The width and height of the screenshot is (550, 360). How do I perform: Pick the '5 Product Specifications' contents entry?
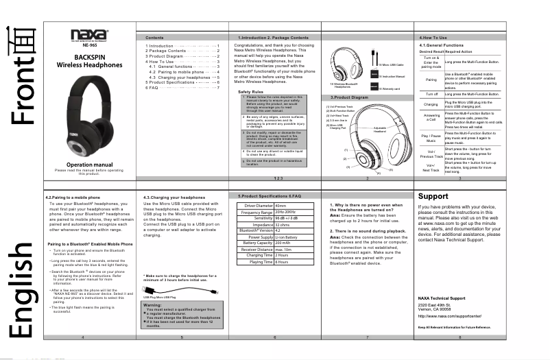182,82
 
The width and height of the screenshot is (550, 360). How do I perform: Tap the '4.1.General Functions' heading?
442,45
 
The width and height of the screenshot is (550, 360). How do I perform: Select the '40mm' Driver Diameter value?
280,205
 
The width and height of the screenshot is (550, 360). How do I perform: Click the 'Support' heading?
433,196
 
